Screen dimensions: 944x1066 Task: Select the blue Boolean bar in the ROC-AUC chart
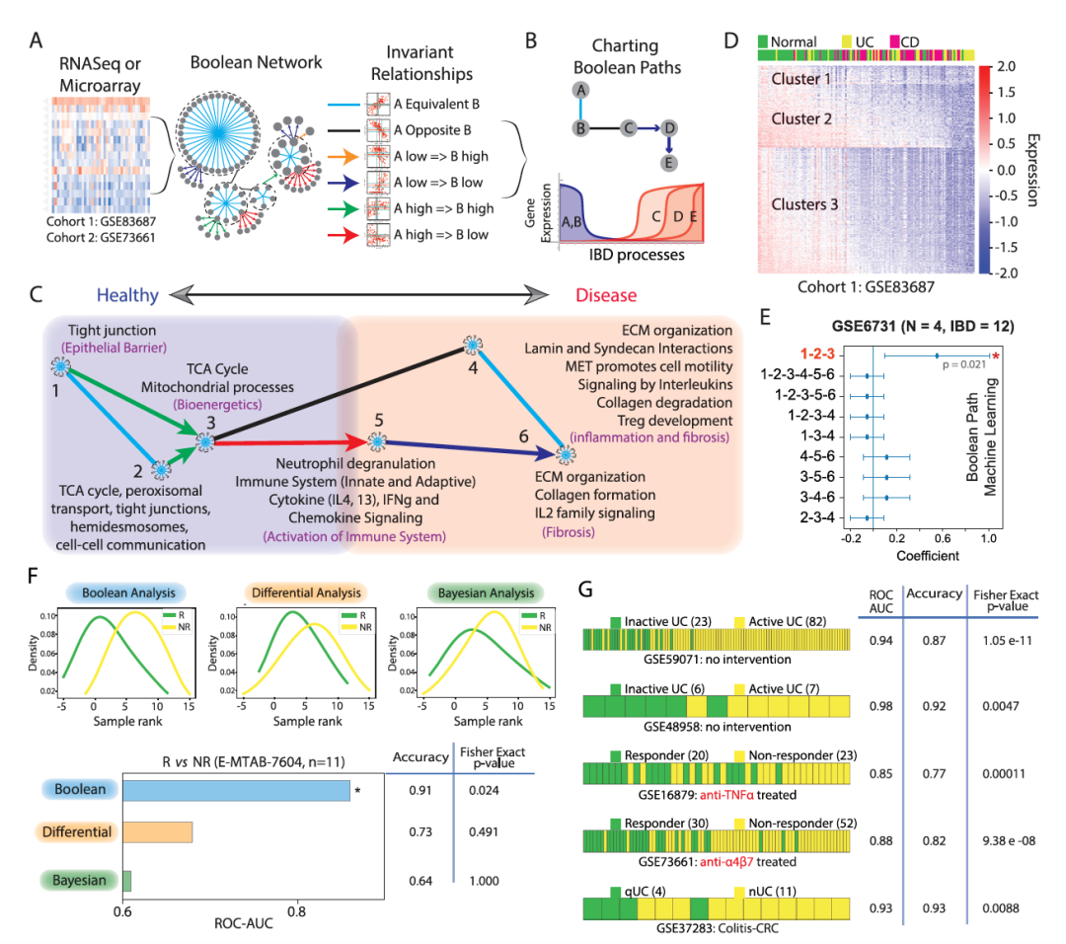[236, 790]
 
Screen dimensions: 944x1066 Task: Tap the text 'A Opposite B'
[431, 128]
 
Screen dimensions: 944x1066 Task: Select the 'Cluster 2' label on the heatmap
[800, 118]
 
